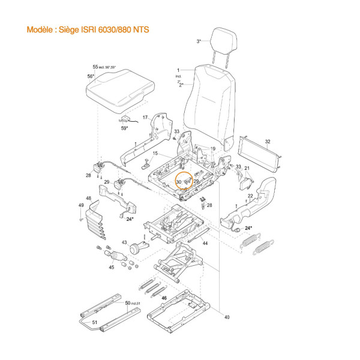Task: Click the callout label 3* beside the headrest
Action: pos(199,41)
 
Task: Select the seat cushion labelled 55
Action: pos(120,89)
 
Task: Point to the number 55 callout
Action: pos(95,67)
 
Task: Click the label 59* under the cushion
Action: pos(124,128)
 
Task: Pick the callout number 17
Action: pos(145,117)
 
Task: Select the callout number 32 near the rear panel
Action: pos(268,142)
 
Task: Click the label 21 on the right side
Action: pos(246,169)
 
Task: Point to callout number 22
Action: pos(250,196)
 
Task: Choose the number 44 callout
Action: pos(205,244)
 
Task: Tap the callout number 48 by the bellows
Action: pos(89,199)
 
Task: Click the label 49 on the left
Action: pos(81,206)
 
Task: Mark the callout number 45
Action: pos(110,268)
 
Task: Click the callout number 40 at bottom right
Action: pos(226,317)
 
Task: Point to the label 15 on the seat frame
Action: pos(154,154)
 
